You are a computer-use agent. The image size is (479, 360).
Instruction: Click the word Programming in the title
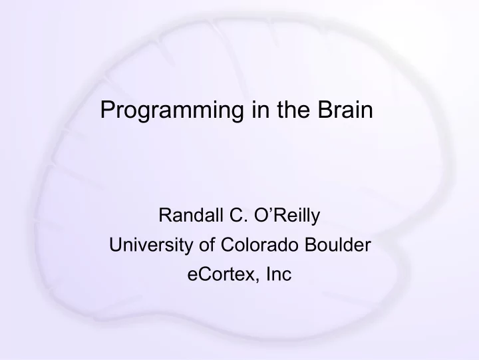coord(172,110)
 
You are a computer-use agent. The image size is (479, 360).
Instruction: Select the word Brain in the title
coord(345,109)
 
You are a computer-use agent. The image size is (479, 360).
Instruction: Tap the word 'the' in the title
coord(293,109)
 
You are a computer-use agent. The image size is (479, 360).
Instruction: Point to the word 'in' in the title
coord(261,109)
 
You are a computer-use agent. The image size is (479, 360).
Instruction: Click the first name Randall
coord(191,215)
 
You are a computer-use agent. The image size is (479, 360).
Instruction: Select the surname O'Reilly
coord(287,216)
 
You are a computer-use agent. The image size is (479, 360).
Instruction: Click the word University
coord(151,246)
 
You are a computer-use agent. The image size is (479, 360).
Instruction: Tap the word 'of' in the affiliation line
coord(207,244)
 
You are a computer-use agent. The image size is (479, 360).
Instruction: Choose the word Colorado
coord(259,244)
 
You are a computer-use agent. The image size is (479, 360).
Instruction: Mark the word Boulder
coord(338,244)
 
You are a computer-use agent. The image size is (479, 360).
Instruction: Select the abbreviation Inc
coord(279,273)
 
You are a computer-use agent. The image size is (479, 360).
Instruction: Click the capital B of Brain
coord(325,109)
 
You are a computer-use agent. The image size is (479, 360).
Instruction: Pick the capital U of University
coord(116,244)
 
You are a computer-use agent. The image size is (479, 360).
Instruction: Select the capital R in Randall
coord(165,215)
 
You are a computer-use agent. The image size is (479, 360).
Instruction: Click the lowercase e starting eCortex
coord(192,275)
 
